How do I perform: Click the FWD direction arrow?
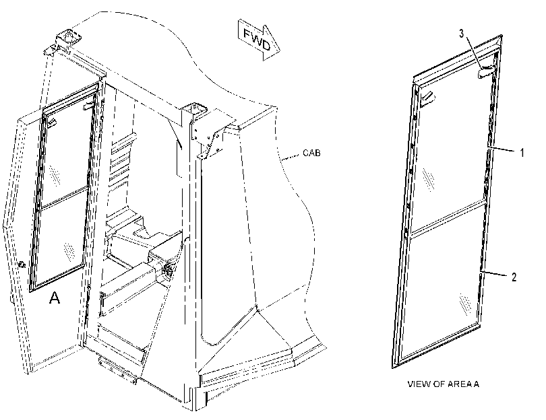259,39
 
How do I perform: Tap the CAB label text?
311,153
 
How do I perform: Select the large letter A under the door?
55,297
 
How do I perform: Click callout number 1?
522,152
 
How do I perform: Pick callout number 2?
514,277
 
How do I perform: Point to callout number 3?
462,34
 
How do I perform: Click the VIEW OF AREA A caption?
444,384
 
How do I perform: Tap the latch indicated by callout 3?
486,72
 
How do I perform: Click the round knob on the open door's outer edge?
22,265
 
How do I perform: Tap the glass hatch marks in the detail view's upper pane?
428,180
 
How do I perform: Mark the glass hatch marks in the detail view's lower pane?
465,305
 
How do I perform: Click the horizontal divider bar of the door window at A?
64,198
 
